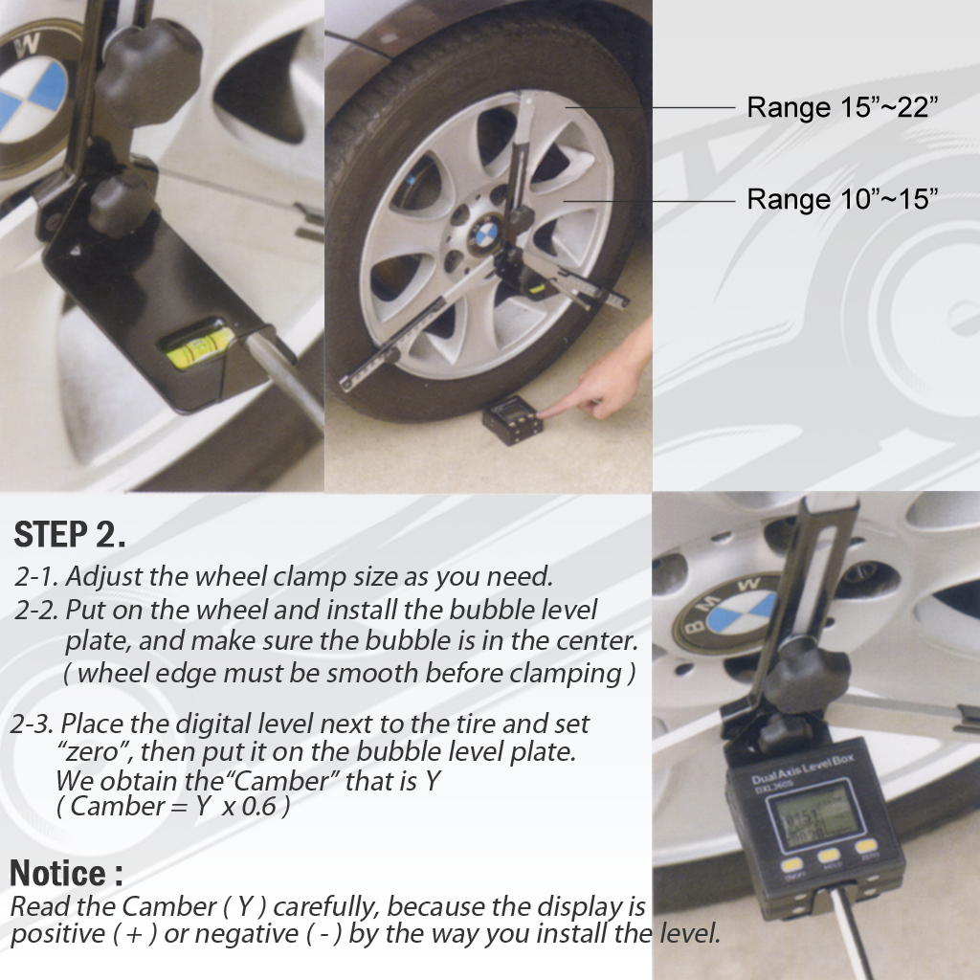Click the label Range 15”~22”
841,107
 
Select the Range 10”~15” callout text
841,199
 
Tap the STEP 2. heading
71,535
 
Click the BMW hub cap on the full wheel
486,232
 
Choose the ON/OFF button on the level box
793,866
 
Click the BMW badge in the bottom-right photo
728,612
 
